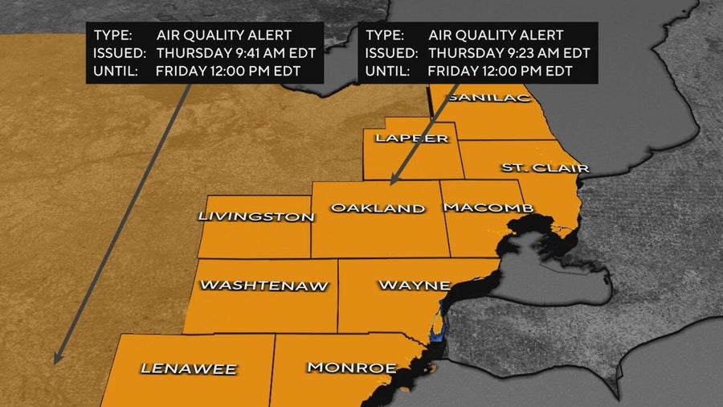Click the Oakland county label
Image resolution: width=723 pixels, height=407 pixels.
[x=378, y=208]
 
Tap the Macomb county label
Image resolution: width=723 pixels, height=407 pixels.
[x=488, y=208]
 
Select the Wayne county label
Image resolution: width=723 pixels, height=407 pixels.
[x=414, y=286]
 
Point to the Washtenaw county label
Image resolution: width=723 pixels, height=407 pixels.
[x=264, y=285]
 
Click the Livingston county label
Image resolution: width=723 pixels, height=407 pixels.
[x=255, y=216]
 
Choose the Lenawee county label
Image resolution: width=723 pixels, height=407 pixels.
[x=189, y=369]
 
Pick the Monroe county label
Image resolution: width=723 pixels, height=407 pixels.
[x=352, y=368]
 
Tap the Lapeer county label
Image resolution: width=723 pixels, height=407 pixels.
[x=411, y=138]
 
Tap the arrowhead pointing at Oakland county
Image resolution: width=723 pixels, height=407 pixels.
[x=393, y=182]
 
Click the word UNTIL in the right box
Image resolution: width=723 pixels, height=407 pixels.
[x=386, y=71]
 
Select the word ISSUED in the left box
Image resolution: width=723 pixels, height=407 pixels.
[x=120, y=53]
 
